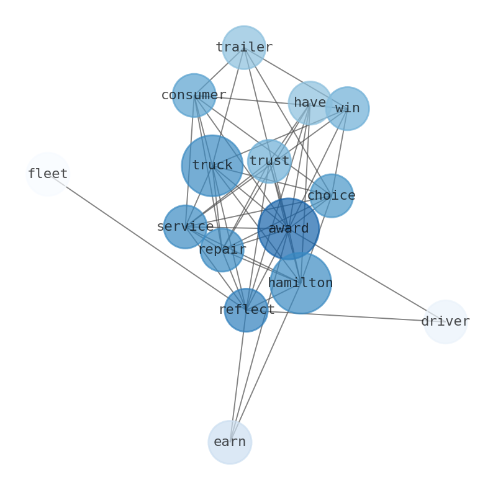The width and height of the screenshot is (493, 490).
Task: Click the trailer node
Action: [x=244, y=48]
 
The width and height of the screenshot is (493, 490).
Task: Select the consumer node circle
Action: [x=194, y=96]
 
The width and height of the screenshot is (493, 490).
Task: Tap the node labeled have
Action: [x=310, y=103]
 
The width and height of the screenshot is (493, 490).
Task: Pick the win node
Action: [x=347, y=109]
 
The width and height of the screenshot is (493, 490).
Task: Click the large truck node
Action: [x=212, y=166]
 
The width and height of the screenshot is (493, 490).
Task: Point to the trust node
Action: [x=269, y=161]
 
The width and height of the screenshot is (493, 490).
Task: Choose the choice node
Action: [x=331, y=196]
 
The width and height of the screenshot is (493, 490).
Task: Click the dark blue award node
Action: [x=288, y=229]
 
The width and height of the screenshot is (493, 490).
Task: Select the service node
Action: [x=185, y=227]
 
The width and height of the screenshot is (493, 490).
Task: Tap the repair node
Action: [x=222, y=250]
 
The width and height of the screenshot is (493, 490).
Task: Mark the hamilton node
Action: [x=301, y=283]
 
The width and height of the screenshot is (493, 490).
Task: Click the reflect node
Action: [x=246, y=310]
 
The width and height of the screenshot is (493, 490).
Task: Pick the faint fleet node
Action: [x=47, y=174]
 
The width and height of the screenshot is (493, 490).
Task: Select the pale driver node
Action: [x=445, y=322]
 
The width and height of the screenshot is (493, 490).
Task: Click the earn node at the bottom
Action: [x=230, y=442]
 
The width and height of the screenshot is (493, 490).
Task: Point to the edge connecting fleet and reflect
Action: [x=147, y=243]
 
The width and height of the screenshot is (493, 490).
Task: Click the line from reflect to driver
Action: [x=345, y=316]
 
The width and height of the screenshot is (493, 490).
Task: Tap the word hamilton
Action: [x=301, y=283]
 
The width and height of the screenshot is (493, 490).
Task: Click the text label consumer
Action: [x=194, y=96]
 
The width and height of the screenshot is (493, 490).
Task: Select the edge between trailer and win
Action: [x=296, y=78]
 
